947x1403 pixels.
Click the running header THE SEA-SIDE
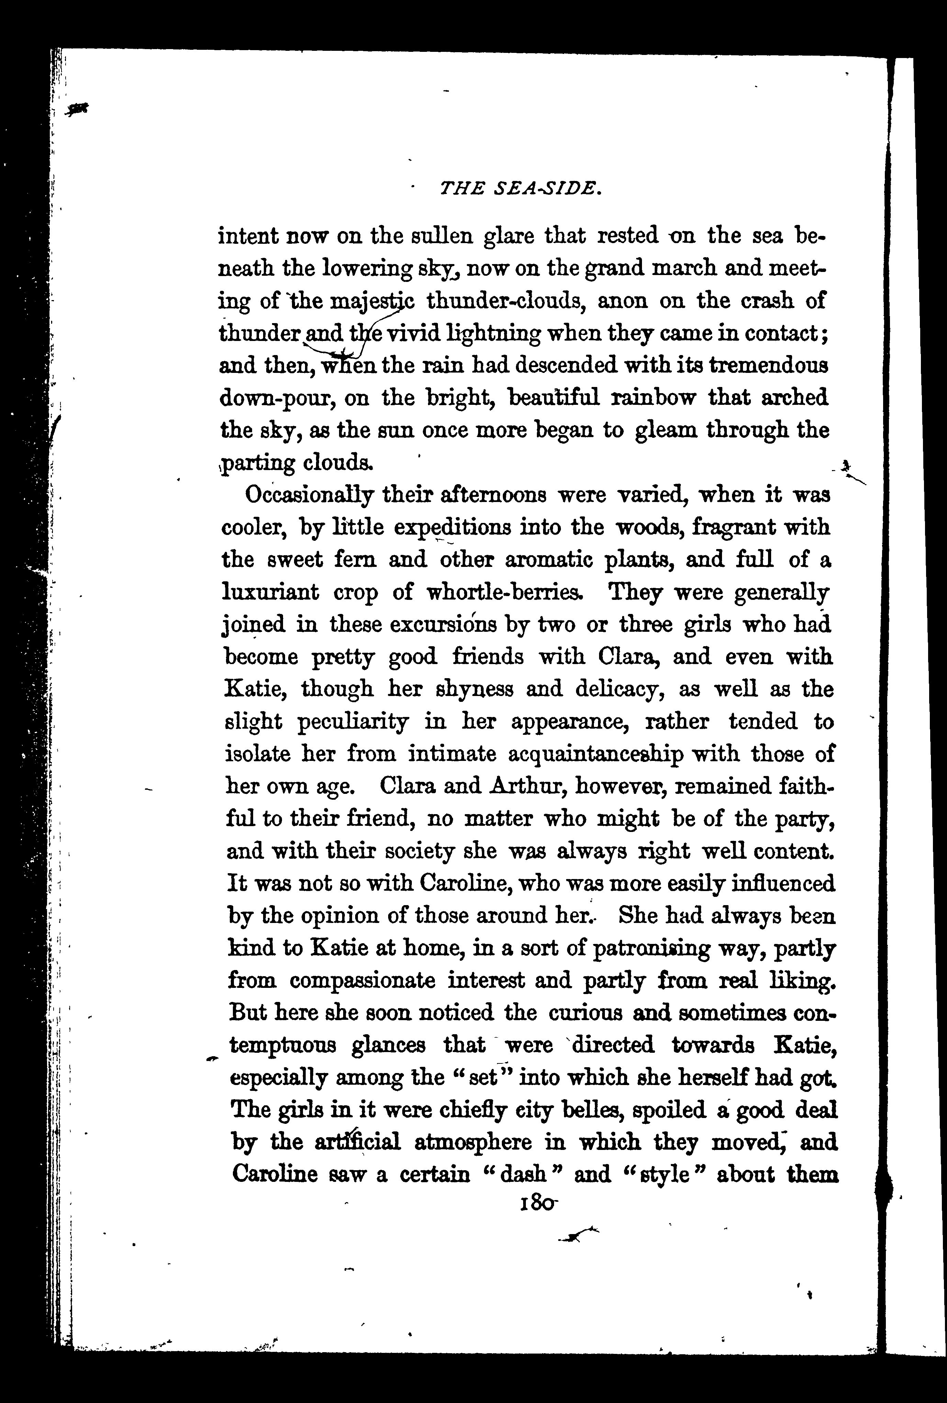[521, 189]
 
